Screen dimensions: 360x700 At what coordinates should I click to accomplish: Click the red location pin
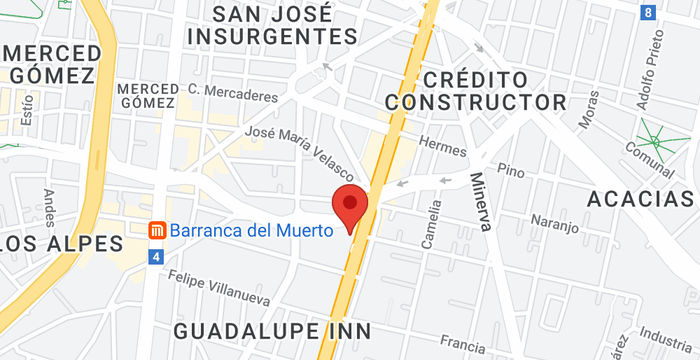pyautogui.click(x=350, y=206)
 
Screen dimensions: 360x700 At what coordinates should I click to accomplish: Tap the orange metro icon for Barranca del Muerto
pyautogui.click(x=156, y=231)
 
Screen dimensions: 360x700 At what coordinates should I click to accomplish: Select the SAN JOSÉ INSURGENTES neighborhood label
pyautogui.click(x=273, y=25)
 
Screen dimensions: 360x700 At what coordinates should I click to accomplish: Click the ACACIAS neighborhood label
pyautogui.click(x=640, y=199)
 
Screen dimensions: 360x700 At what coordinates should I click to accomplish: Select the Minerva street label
pyautogui.click(x=479, y=201)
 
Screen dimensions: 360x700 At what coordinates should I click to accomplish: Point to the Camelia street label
pyautogui.click(x=434, y=224)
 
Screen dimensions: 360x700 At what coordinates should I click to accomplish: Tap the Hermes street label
pyautogui.click(x=443, y=145)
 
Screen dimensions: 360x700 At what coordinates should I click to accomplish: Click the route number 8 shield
pyautogui.click(x=649, y=13)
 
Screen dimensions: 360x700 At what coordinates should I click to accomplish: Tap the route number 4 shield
pyautogui.click(x=156, y=258)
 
